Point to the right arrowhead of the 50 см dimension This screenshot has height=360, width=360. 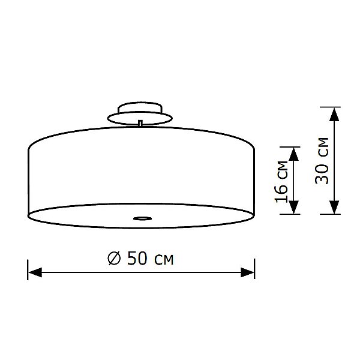click(x=248, y=272)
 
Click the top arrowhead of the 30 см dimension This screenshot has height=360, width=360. click(x=334, y=114)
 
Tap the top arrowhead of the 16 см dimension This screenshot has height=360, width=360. click(x=294, y=153)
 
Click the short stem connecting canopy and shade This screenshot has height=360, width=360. click(x=140, y=123)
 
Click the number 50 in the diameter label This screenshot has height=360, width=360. click(x=136, y=259)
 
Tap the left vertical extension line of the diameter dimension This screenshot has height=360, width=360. click(x=28, y=268)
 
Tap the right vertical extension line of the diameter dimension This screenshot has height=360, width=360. click(x=255, y=268)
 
